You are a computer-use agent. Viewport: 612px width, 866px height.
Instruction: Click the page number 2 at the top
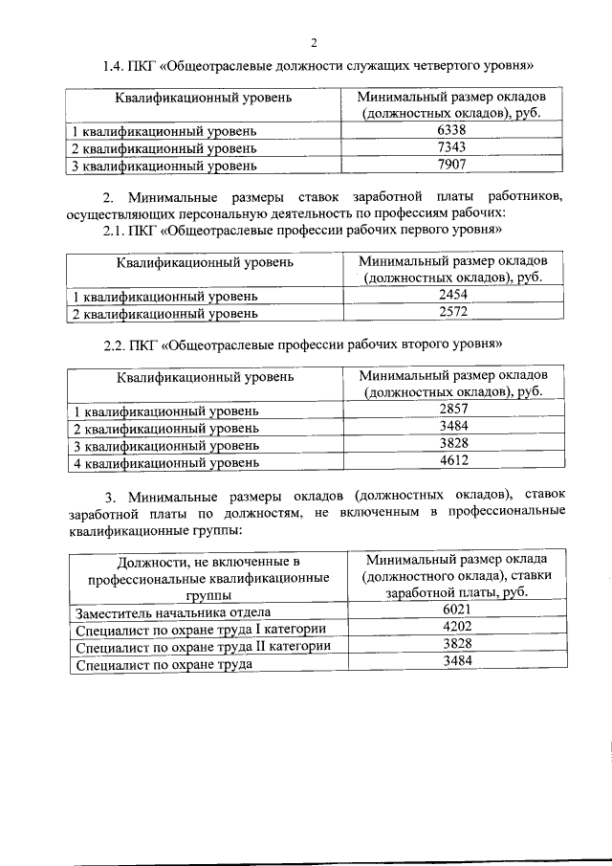tap(313, 41)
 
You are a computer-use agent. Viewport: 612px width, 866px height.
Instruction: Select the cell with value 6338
tap(450, 131)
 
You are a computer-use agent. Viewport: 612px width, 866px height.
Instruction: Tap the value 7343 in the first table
tap(450, 148)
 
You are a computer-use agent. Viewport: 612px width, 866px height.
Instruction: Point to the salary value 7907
tap(450, 166)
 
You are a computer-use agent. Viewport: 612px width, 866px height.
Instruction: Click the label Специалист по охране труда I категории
tap(201, 630)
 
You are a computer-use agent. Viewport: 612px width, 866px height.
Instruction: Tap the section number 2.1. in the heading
tap(117, 231)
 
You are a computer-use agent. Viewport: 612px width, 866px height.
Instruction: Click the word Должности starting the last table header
tap(153, 561)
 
